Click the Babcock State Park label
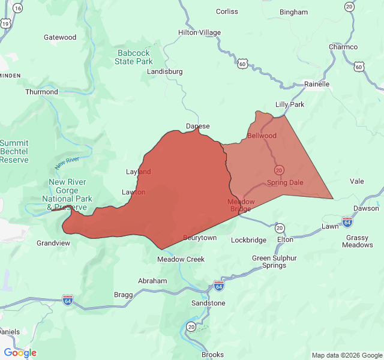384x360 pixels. point(134,57)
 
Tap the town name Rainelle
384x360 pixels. point(317,84)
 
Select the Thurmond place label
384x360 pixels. point(41,92)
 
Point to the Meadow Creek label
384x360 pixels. point(181,259)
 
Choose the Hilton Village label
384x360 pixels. point(199,32)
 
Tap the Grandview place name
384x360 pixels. point(53,243)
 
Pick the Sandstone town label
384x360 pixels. point(208,303)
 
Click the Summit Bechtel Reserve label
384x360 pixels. point(14,151)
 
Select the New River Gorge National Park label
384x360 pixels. point(67,194)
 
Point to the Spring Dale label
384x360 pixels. point(285,182)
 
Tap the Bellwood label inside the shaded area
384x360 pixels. point(262,136)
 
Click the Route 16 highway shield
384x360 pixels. point(17,8)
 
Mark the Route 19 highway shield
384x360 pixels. point(5,23)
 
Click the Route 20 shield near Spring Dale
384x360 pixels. point(279,170)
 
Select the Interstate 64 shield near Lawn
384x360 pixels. point(347,222)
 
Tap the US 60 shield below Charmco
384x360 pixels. point(359,67)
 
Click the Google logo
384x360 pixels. point(20,353)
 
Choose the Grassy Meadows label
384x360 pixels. point(359,241)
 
